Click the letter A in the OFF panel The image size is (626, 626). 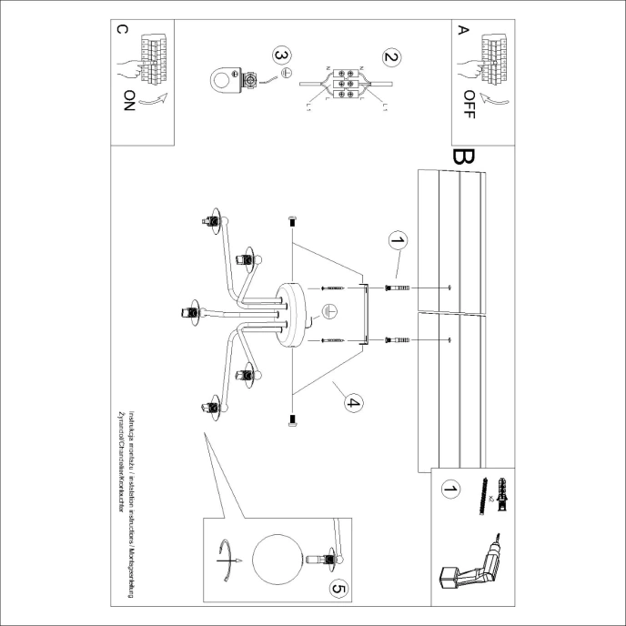coord(462,30)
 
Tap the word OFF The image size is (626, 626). coord(469,106)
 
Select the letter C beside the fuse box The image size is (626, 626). coord(123,30)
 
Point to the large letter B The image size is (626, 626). coord(462,157)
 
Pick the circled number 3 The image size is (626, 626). coord(282,55)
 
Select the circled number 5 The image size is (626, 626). coord(338,590)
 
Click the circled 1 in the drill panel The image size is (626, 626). coord(448,491)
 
